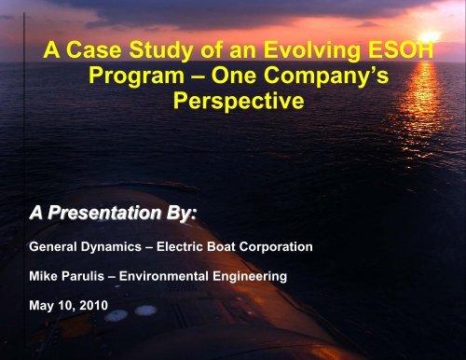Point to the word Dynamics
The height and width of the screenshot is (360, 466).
(122, 248)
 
